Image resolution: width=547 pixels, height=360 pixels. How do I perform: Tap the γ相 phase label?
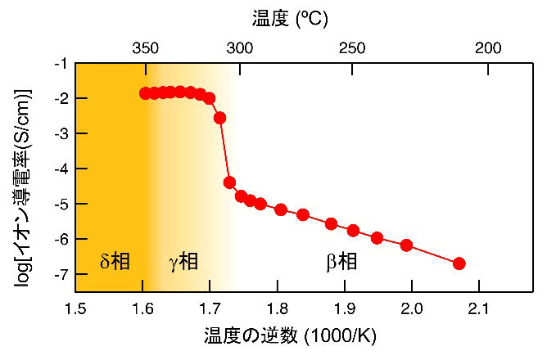183,262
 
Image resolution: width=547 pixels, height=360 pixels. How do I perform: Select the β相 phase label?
341,262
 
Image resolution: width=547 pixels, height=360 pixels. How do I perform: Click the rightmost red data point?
459,263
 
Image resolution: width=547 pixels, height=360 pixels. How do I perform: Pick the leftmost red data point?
145,93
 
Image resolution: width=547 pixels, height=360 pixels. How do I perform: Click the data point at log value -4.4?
229,182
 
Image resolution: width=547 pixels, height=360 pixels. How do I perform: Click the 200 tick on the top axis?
488,47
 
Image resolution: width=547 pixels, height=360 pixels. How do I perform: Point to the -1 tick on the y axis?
61,63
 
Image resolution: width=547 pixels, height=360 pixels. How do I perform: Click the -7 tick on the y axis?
61,274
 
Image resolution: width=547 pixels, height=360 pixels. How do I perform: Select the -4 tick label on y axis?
61,169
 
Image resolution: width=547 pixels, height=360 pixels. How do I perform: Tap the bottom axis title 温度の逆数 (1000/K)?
290,337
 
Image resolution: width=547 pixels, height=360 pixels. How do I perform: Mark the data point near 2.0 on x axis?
406,245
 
